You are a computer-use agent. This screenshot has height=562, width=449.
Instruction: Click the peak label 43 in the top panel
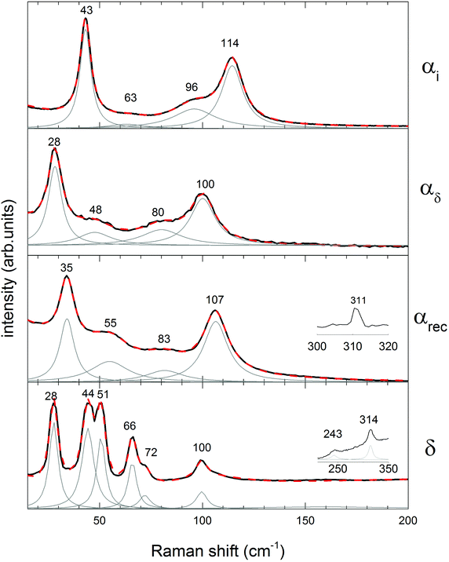coord(85,9)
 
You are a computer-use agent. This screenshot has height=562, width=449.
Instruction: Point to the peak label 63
coord(131,98)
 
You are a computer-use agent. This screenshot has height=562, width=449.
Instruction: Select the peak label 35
coord(67,268)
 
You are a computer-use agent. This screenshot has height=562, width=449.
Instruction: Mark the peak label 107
coord(215,301)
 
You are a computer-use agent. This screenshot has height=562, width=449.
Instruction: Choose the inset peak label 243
coord(334,434)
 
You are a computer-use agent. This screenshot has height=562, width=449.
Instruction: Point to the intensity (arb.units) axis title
coord(9,259)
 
